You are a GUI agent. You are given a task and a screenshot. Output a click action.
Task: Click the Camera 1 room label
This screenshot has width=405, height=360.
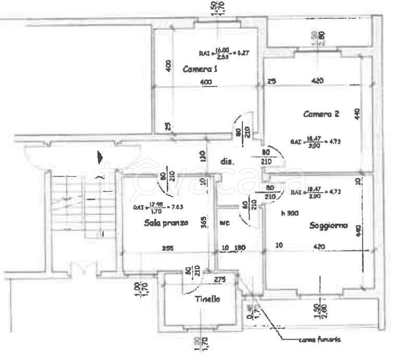point(200,69)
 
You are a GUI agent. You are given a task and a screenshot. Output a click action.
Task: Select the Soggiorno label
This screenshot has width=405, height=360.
point(328,226)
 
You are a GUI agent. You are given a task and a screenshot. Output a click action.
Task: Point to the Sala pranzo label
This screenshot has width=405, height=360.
point(163,223)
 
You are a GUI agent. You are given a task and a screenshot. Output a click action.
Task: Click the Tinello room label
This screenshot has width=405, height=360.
point(208,299)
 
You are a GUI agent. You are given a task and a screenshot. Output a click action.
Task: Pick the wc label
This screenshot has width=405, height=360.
point(225,223)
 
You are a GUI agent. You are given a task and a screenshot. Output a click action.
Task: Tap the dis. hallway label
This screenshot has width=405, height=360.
point(227,161)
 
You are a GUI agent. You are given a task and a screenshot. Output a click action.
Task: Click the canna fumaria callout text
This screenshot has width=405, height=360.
point(320,340)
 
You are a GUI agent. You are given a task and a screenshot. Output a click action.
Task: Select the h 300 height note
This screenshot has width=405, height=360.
point(290,212)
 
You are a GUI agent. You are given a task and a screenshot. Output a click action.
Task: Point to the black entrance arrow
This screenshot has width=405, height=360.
point(101,157)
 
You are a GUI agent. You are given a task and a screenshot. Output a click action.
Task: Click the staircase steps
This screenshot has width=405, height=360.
point(78,201)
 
